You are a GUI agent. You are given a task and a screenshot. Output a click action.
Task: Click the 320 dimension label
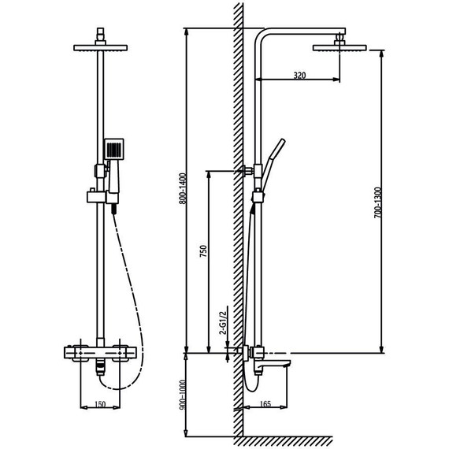(x=299, y=76)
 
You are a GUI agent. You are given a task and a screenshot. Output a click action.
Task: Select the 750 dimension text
(x=202, y=252)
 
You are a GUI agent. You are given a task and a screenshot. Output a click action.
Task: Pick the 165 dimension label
(x=265, y=404)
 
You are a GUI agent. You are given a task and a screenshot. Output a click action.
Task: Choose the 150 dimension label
(x=101, y=404)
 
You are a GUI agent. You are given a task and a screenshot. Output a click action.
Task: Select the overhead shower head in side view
(x=341, y=48)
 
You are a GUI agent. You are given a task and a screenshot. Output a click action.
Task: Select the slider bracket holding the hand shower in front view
(x=96, y=195)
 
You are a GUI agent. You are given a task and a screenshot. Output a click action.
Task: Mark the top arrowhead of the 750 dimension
(x=209, y=173)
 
